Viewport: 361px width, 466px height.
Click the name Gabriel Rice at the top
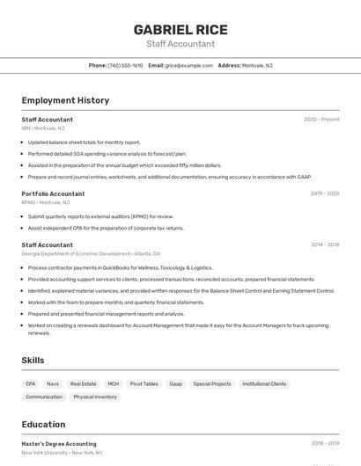click(x=180, y=29)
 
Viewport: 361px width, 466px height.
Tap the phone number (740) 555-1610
click(x=125, y=65)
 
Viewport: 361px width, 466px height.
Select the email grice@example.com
click(x=188, y=65)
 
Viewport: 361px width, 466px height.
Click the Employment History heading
click(x=65, y=100)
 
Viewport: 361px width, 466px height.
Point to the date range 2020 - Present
click(x=321, y=120)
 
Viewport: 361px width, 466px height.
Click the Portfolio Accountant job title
click(x=53, y=193)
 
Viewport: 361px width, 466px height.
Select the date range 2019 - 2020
click(x=324, y=193)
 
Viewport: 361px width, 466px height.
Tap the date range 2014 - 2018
click(x=324, y=245)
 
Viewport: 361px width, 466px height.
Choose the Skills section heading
click(x=33, y=360)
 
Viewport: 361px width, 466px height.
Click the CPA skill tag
click(x=31, y=384)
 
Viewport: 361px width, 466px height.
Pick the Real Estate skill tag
click(x=83, y=384)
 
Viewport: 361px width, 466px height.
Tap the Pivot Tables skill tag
click(x=144, y=384)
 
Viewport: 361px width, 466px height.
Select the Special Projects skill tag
click(x=212, y=384)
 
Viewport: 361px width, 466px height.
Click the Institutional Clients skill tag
click(x=264, y=384)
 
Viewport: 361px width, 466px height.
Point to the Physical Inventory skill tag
click(x=95, y=397)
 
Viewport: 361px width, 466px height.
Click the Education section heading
click(x=43, y=425)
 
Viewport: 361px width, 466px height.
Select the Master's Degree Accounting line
click(x=59, y=444)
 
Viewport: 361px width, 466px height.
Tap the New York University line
click(x=62, y=452)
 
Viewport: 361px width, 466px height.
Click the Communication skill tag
click(x=44, y=397)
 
